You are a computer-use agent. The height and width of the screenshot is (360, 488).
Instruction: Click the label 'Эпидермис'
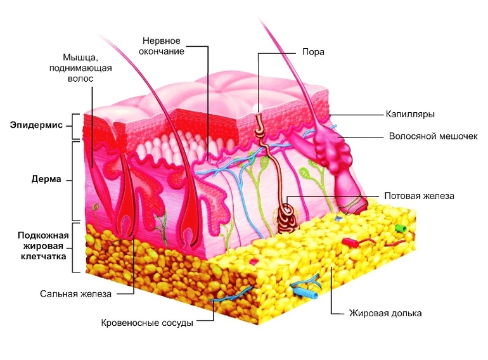coord(36,125)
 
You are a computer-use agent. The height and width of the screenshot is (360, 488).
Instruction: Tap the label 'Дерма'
coord(46,179)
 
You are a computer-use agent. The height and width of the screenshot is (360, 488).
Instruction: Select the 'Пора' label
coord(313,52)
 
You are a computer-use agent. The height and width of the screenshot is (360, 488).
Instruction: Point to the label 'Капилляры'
coord(410,114)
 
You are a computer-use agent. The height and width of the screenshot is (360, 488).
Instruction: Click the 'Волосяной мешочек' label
coord(433,136)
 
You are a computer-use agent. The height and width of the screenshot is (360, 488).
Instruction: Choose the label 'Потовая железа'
coord(419,196)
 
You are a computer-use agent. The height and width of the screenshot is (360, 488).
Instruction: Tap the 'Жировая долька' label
coord(385,313)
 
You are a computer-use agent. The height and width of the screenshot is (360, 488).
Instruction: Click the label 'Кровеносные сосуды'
coord(147,323)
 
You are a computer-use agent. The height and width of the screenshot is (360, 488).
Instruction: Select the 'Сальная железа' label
coord(75,294)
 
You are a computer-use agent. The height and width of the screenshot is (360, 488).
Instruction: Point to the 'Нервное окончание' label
coord(162,46)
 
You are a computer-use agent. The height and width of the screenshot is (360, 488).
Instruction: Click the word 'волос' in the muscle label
coord(80,79)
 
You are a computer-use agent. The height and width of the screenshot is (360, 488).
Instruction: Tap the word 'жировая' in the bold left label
coord(43,246)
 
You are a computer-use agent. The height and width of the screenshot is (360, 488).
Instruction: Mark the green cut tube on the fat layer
coord(401,228)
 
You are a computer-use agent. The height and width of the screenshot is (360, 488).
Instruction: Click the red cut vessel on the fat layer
coord(350,242)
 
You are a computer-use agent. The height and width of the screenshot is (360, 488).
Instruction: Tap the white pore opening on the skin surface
coord(257,107)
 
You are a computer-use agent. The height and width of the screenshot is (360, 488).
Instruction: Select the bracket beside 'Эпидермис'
coord(75,126)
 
